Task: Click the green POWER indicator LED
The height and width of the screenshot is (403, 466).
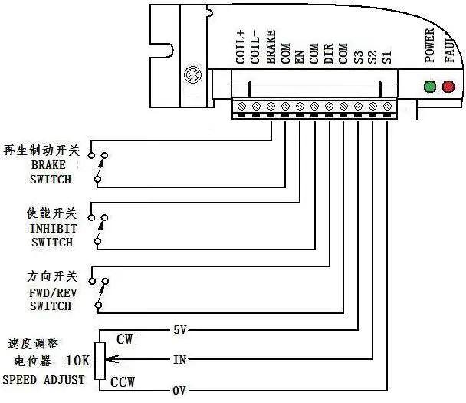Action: [430, 87]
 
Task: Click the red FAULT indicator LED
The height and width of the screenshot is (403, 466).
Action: [448, 87]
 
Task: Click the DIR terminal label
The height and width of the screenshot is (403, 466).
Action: [328, 54]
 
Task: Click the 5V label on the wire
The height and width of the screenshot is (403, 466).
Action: [180, 331]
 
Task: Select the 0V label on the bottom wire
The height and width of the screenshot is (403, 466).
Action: [179, 390]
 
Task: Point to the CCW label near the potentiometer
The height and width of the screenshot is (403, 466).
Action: [123, 382]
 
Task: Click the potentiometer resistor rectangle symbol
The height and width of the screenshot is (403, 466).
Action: [99, 360]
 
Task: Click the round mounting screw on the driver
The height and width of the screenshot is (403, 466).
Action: [192, 75]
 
